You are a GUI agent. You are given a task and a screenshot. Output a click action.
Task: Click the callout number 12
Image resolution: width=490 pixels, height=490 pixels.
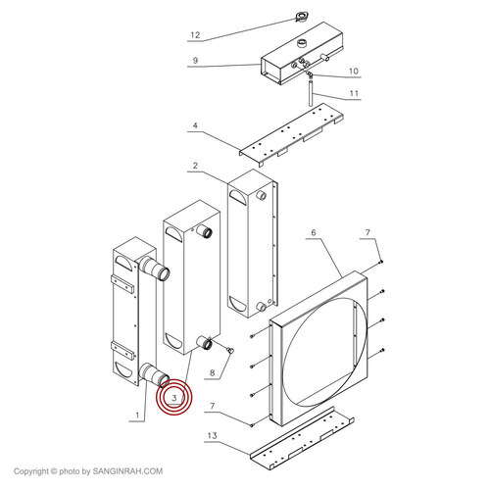(x=195, y=35)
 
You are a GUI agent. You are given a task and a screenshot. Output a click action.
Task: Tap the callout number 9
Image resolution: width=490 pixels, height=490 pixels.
(x=195, y=61)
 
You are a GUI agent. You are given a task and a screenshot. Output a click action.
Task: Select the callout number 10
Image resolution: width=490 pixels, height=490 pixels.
(x=354, y=71)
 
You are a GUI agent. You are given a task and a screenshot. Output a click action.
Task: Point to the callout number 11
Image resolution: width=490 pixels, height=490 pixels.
(x=354, y=93)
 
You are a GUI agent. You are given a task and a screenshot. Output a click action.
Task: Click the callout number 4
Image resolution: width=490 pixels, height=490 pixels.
(x=195, y=125)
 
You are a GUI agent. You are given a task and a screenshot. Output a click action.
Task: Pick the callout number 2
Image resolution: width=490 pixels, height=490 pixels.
(x=195, y=166)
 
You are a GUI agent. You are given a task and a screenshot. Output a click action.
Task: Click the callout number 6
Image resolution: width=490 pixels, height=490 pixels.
(x=314, y=232)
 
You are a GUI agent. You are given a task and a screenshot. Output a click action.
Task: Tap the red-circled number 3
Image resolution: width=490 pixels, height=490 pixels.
(x=174, y=398)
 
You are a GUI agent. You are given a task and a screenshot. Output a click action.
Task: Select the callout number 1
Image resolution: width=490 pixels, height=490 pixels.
(x=137, y=416)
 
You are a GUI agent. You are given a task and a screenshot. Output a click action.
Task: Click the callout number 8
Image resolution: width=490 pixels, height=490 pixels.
(x=213, y=372)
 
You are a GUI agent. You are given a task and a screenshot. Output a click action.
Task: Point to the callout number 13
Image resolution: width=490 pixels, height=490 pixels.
(x=212, y=435)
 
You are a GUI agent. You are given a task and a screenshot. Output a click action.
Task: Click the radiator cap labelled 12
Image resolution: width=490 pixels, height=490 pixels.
(x=301, y=17)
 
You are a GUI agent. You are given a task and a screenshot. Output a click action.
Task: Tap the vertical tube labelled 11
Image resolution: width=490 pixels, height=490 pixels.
(x=312, y=93)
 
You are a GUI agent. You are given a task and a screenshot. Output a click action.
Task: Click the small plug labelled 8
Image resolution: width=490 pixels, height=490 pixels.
(x=230, y=351)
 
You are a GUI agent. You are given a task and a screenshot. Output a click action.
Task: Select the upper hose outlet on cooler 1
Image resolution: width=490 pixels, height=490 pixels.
(x=155, y=269)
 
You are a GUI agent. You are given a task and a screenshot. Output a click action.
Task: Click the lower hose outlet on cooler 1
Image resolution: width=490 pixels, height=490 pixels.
(x=154, y=376)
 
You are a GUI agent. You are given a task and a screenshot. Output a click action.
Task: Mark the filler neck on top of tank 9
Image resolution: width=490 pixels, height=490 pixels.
(x=302, y=43)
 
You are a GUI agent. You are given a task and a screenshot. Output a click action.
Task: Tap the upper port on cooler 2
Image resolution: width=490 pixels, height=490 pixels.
(x=261, y=195)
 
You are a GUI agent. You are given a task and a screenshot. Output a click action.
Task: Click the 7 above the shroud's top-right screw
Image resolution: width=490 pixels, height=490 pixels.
(x=367, y=232)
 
